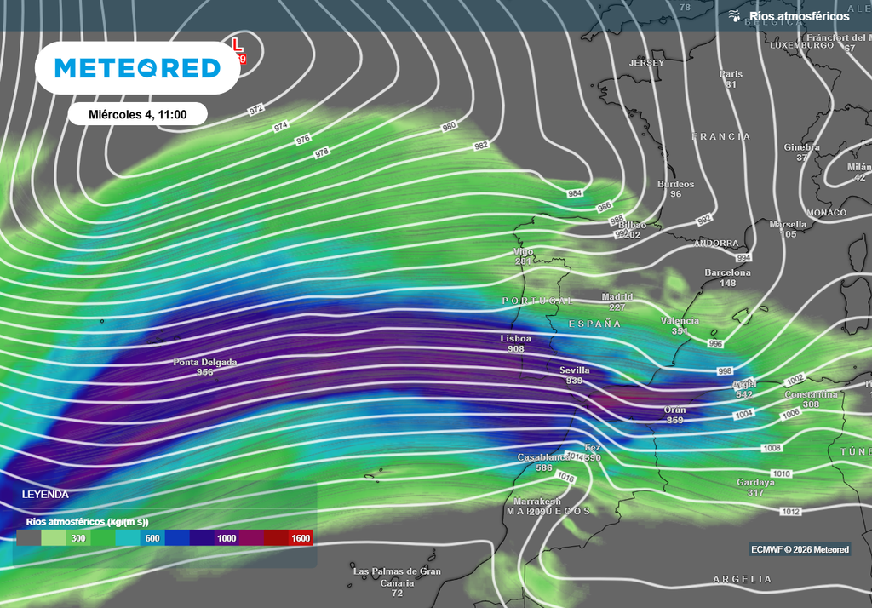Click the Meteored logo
pyautogui.click(x=136, y=67)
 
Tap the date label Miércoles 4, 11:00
pyautogui.click(x=137, y=113)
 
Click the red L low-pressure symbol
pyautogui.click(x=238, y=43)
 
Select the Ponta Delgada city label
pyautogui.click(x=205, y=363)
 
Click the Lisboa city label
pyautogui.click(x=515, y=339)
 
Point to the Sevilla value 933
pyautogui.click(x=575, y=381)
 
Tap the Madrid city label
pyautogui.click(x=617, y=297)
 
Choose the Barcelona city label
pyautogui.click(x=727, y=273)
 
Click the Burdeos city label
pyautogui.click(x=676, y=184)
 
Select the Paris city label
pyautogui.click(x=731, y=74)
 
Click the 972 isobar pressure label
pyautogui.click(x=256, y=111)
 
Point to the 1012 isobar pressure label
pyautogui.click(x=790, y=511)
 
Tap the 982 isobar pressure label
pyautogui.click(x=481, y=146)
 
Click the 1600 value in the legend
pyautogui.click(x=301, y=538)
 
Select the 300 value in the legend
pyautogui.click(x=77, y=538)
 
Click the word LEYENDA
pyautogui.click(x=45, y=495)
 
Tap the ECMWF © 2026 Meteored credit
pyautogui.click(x=800, y=549)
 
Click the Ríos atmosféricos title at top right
pyautogui.click(x=799, y=16)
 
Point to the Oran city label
pyautogui.click(x=675, y=410)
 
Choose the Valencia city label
pyautogui.click(x=680, y=321)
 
